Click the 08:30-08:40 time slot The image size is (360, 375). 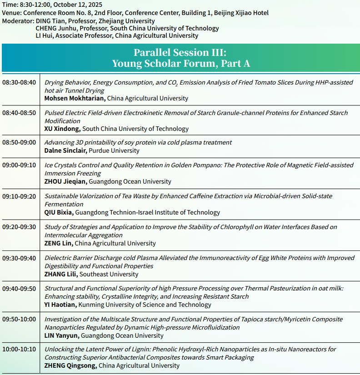coord(19,83)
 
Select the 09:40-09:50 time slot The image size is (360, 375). coord(19,288)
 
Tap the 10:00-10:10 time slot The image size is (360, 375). coord(19,349)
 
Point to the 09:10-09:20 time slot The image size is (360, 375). coord(19,196)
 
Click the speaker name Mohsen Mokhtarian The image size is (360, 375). coord(75,98)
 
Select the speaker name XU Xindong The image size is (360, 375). coord(62,129)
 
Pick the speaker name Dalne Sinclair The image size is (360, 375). coord(65,150)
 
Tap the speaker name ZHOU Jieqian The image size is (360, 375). coord(65,181)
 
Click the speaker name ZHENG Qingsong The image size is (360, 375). coord(70,365)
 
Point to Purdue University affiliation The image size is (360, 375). coord(114,150)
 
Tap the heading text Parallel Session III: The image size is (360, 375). coord(180,52)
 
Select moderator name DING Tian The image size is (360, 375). coord(48,21)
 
